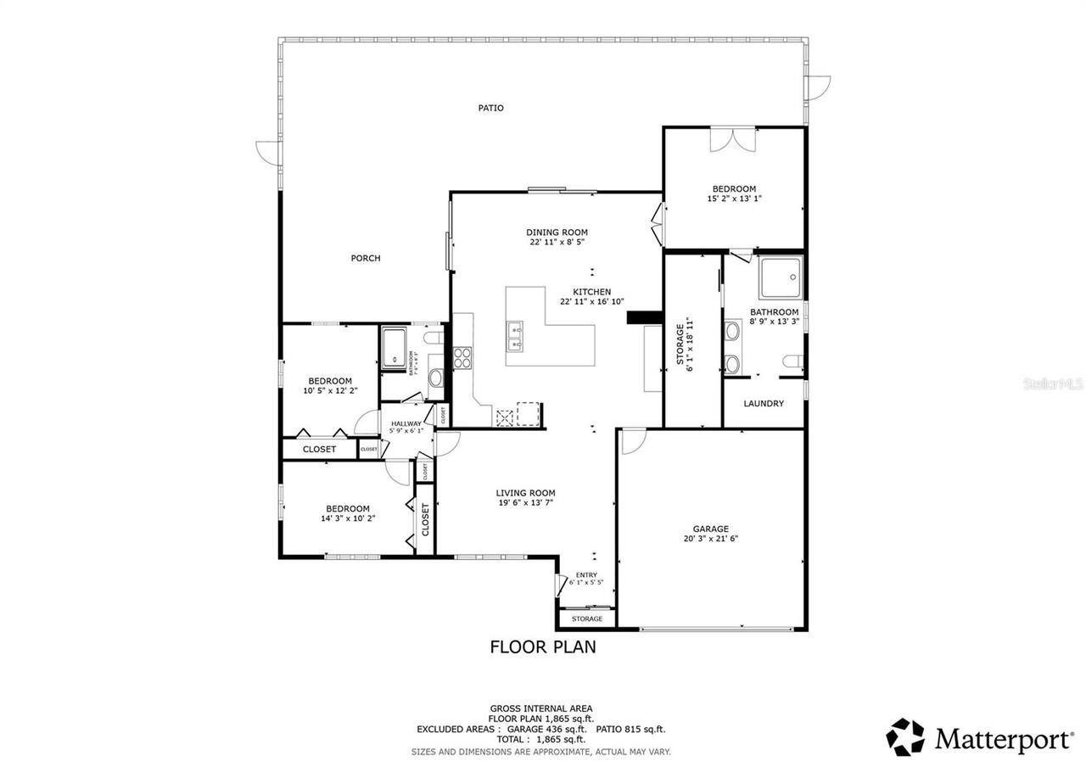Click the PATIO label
point(490,108)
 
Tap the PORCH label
point(366,258)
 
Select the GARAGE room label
point(710,529)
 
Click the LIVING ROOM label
point(525,492)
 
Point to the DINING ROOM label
point(557,232)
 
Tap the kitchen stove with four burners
point(463,358)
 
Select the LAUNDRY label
point(764,403)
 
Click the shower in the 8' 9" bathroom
point(780,277)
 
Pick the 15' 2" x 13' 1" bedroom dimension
point(734,199)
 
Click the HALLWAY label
point(406,423)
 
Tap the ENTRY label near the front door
point(586,575)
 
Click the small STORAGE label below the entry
point(586,619)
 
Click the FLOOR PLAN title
point(543,647)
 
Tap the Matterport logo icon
point(905,737)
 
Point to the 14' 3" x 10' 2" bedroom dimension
point(348,518)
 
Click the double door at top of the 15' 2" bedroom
point(732,140)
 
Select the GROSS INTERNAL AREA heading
point(541,708)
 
